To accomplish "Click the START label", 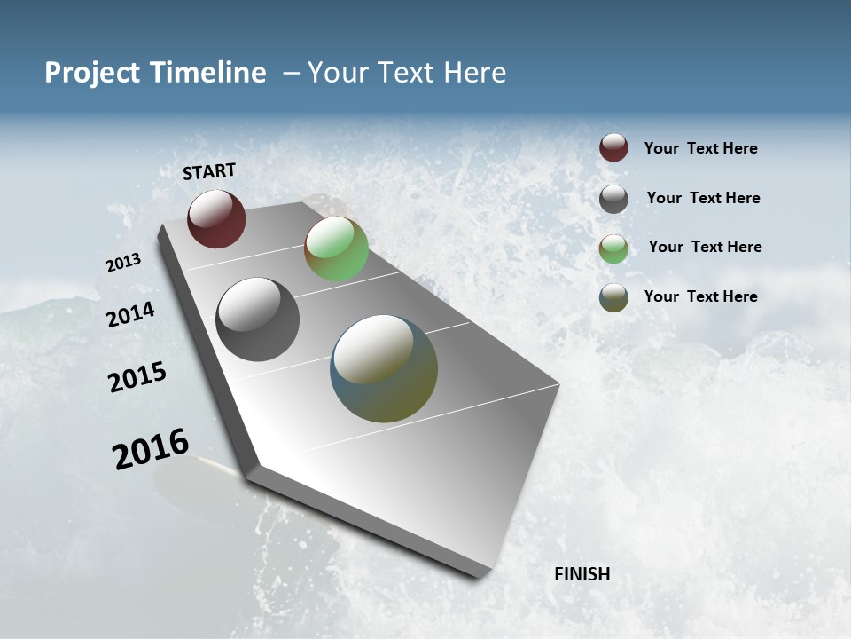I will tap(209, 171).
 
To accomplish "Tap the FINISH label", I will tap(582, 574).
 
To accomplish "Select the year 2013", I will tap(123, 263).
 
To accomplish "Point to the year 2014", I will tap(130, 314).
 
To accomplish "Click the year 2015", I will tap(137, 377).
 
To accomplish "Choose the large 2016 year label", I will tap(151, 449).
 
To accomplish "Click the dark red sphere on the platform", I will tap(216, 218).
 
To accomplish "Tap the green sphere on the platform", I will tap(336, 248).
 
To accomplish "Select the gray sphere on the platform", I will tap(257, 319).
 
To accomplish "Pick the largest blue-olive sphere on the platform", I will tap(384, 368).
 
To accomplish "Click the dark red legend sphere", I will tap(613, 148).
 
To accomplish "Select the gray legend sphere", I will tap(613, 199).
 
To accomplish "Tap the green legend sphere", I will tap(613, 248).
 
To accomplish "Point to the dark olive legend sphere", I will tap(613, 298).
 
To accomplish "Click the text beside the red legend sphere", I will tap(700, 149).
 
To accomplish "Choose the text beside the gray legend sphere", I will tap(703, 198).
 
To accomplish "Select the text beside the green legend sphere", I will tap(705, 247).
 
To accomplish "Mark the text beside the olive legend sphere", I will tap(700, 296).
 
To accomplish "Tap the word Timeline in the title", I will tap(209, 73).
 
